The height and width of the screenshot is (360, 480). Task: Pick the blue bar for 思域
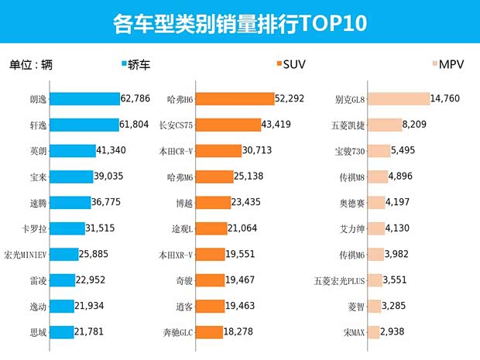point(63,332)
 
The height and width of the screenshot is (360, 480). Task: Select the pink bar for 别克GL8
point(399,100)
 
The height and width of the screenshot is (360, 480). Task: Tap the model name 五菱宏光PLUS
point(339,280)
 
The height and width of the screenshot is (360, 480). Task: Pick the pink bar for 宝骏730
point(379,151)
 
